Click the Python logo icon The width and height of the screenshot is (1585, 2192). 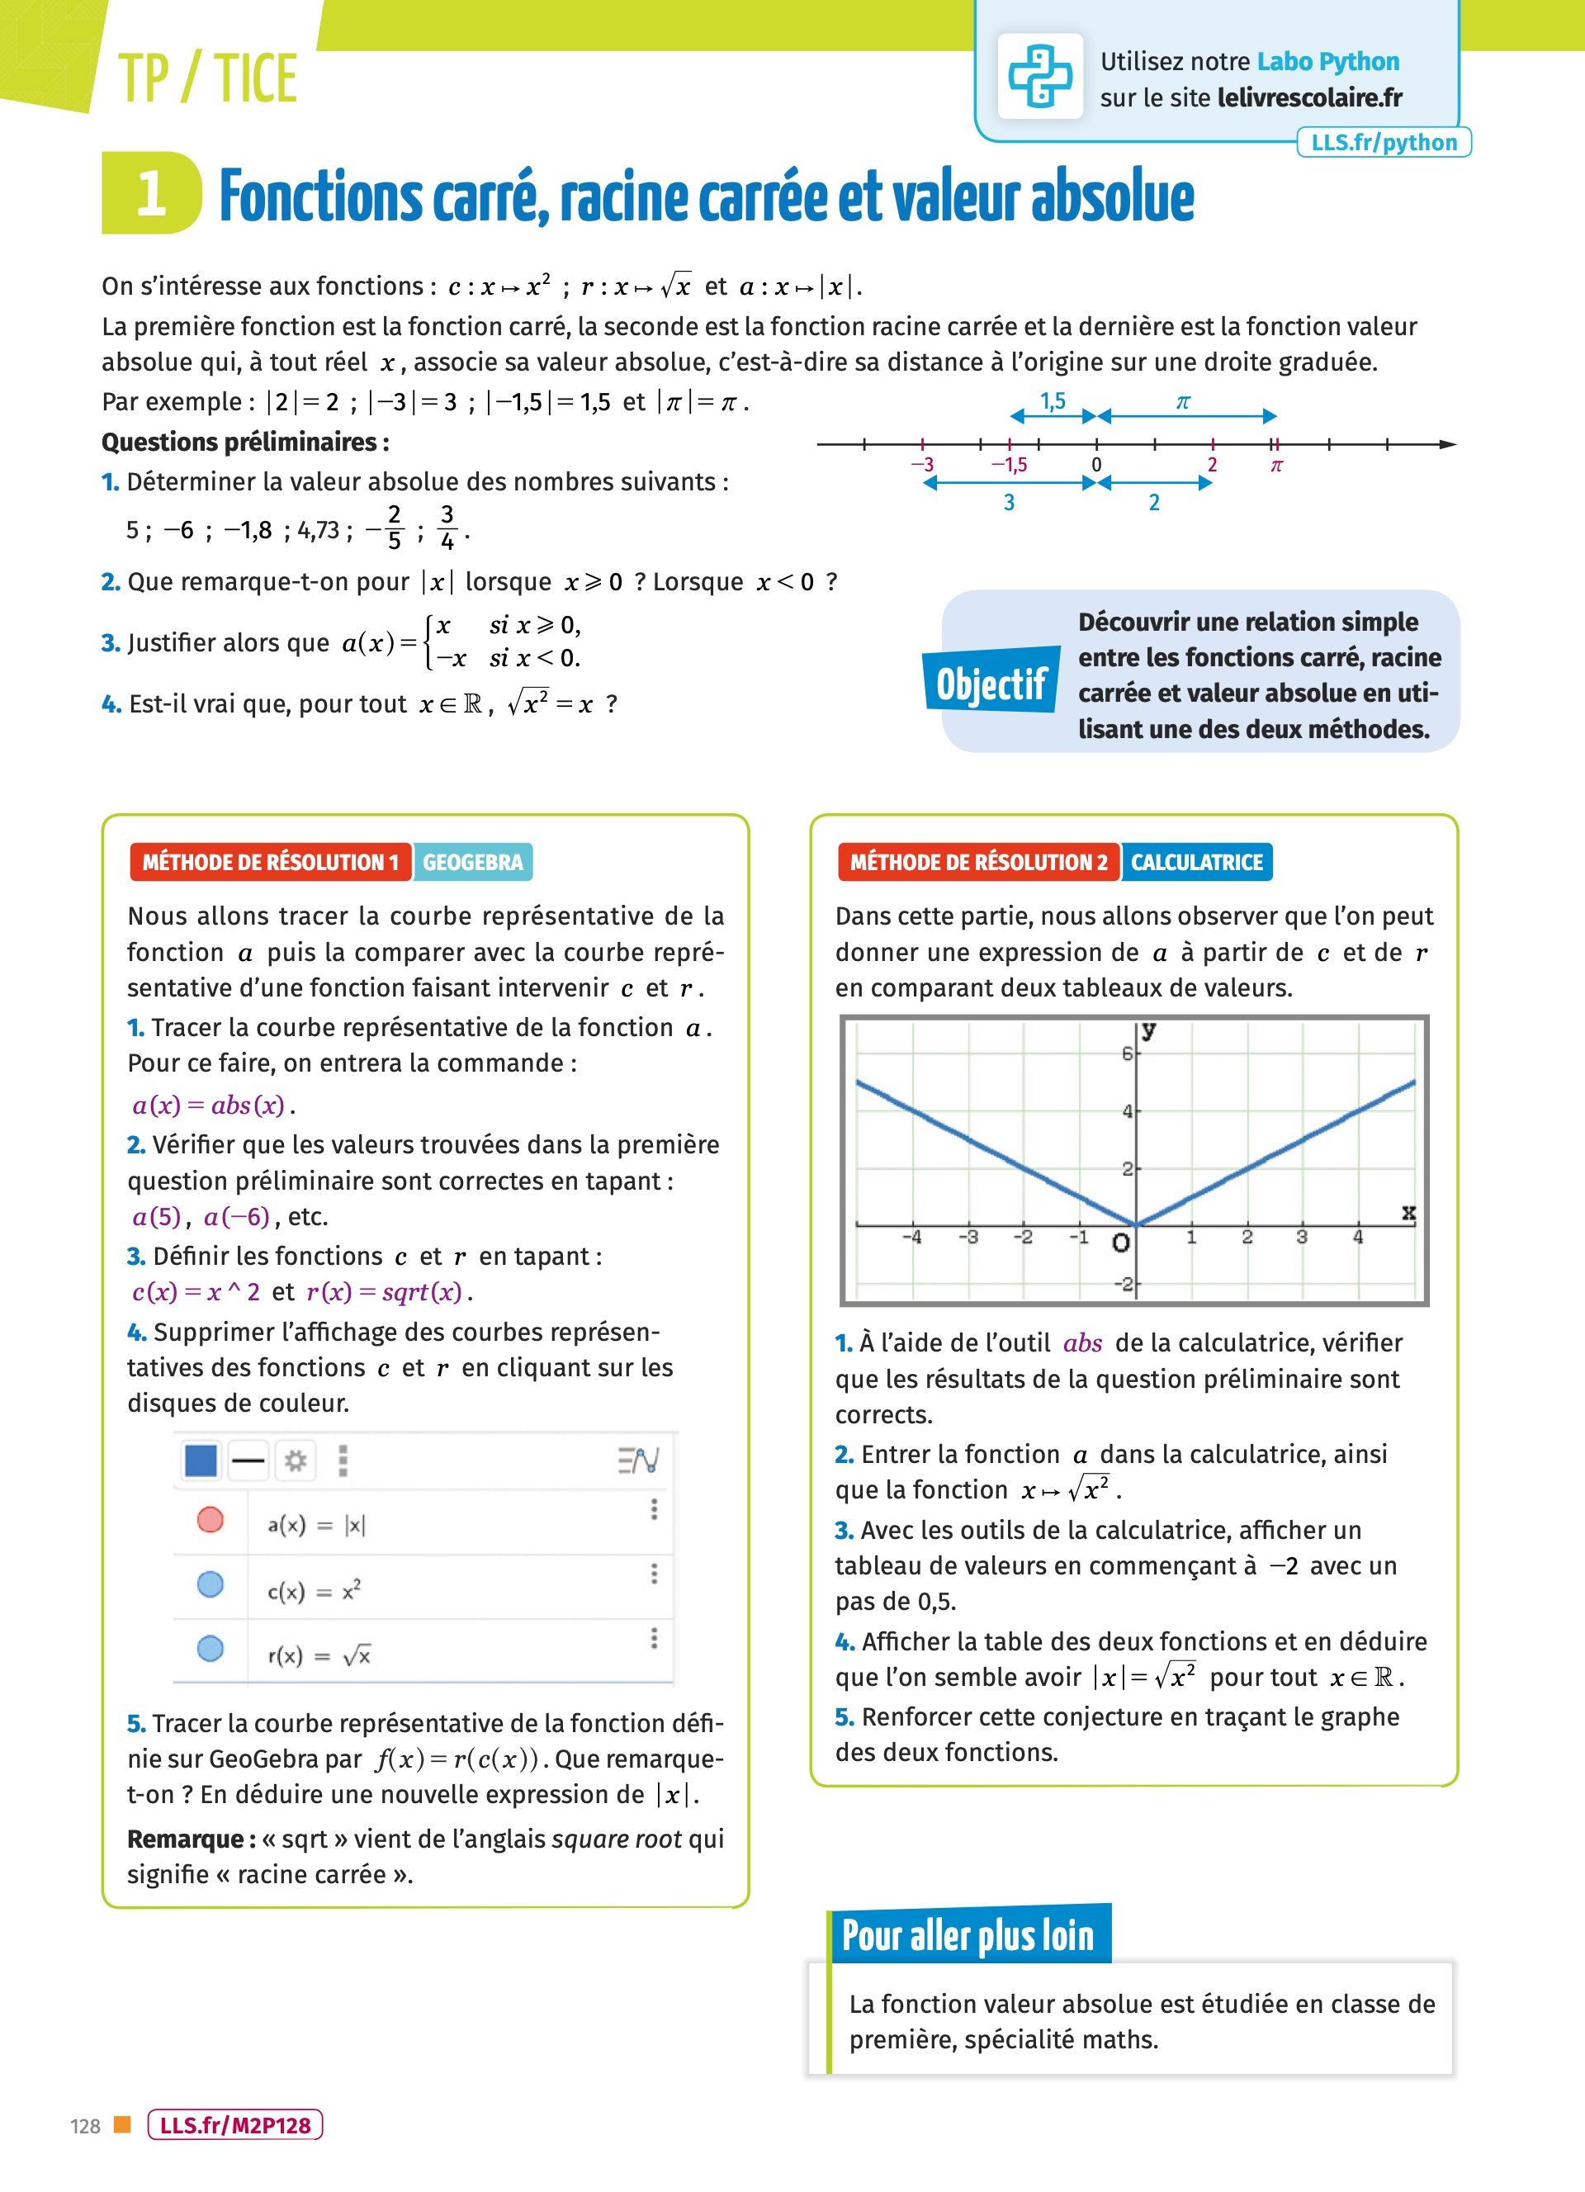pyautogui.click(x=1040, y=76)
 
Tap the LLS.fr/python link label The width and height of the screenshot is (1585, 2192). pyautogui.click(x=1383, y=143)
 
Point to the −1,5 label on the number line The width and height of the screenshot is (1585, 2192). pyautogui.click(x=1009, y=465)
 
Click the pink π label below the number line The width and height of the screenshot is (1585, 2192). pyautogui.click(x=1275, y=466)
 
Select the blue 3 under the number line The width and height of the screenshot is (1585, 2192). pyautogui.click(x=1009, y=503)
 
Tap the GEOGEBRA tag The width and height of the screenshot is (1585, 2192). pyautogui.click(x=472, y=862)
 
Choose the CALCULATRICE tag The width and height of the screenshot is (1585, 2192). pyautogui.click(x=1196, y=862)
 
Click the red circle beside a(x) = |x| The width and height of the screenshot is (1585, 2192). pyautogui.click(x=210, y=1520)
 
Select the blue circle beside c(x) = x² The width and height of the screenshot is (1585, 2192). pyautogui.click(x=210, y=1584)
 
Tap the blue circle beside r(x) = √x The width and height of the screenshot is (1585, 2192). pyautogui.click(x=210, y=1648)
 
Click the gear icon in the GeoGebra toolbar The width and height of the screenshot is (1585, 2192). pyautogui.click(x=296, y=1461)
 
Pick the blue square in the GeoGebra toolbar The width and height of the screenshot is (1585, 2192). pyautogui.click(x=200, y=1461)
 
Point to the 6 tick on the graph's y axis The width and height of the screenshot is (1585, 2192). pyautogui.click(x=1127, y=1053)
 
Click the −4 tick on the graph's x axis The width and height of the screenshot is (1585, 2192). pyautogui.click(x=911, y=1237)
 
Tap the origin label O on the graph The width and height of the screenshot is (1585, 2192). pyautogui.click(x=1120, y=1243)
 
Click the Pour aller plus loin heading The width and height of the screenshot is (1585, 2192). pyautogui.click(x=968, y=1936)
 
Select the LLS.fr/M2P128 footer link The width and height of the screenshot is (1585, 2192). pyautogui.click(x=234, y=2125)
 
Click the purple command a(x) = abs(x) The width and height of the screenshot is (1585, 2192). pyautogui.click(x=209, y=1105)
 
